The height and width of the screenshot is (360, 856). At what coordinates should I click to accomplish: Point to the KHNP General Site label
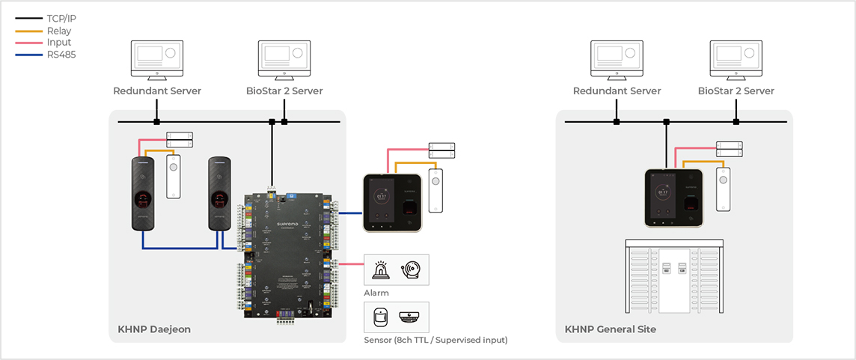point(611,329)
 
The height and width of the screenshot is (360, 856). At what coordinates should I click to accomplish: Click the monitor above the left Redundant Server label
point(157,60)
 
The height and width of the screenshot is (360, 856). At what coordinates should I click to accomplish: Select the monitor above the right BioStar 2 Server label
point(736,60)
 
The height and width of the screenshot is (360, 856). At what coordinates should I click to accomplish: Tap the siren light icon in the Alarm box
point(380,270)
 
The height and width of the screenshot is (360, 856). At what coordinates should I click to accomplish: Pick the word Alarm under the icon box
point(376,293)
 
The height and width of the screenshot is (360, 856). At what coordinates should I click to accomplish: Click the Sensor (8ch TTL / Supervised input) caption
point(435,340)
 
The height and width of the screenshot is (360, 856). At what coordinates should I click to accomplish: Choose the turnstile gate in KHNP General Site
point(675,279)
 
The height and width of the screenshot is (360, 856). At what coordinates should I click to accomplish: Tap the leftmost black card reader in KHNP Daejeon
point(144,194)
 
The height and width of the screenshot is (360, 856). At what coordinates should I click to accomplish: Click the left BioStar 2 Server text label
point(284,91)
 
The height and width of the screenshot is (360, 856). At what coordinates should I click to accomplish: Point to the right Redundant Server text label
point(617,91)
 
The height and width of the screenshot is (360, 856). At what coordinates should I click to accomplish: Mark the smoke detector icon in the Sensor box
point(410,317)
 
